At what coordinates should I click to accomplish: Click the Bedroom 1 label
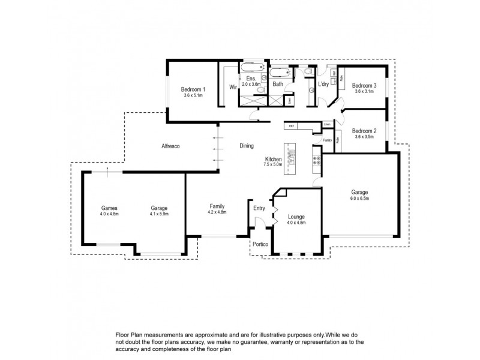point(193,89)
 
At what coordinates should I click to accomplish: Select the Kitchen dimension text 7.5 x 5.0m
point(273,164)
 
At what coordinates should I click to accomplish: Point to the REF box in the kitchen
point(292,126)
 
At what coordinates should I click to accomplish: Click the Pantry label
point(327,140)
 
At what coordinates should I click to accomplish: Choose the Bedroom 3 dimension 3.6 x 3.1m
point(364,92)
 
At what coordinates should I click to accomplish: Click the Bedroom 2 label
point(364,131)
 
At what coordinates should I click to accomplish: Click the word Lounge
point(296,217)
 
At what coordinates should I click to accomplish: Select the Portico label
point(260,244)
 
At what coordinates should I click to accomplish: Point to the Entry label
point(259,208)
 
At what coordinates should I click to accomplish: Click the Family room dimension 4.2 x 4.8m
point(217,212)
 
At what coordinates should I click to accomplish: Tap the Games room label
point(109,208)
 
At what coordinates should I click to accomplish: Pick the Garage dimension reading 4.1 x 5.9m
point(159,214)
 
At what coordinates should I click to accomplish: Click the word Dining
point(247,146)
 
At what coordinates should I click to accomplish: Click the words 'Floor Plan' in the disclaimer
point(120,334)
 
